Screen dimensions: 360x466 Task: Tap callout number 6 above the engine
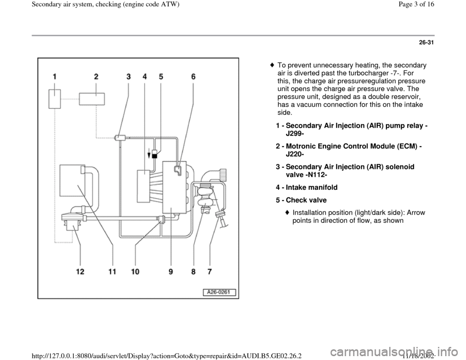193,76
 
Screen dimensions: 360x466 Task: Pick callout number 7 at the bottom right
209,272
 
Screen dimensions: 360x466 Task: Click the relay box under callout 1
54,99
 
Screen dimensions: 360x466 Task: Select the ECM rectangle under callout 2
91,98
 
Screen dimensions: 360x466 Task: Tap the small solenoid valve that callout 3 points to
119,137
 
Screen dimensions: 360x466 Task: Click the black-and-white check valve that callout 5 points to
155,155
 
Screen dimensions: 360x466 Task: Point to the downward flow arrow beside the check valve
149,155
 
